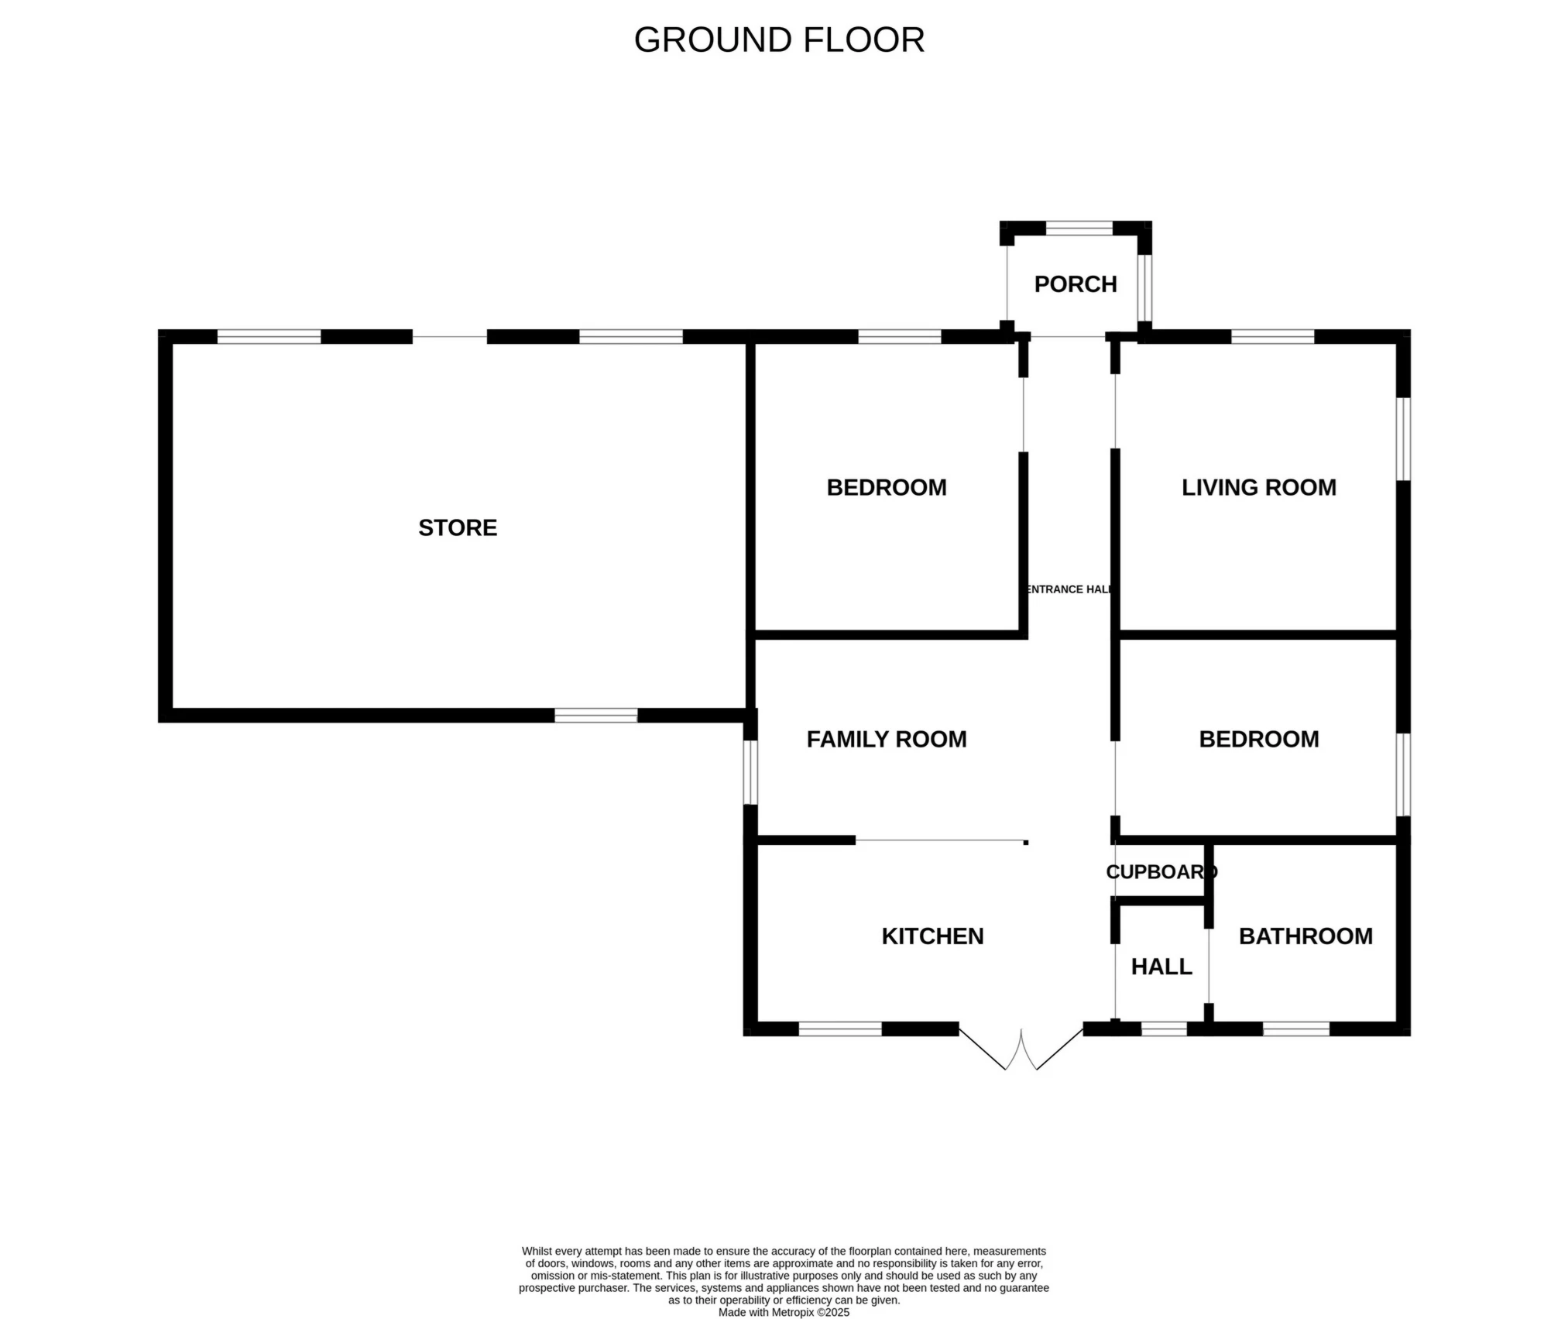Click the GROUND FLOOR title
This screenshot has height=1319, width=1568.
point(779,40)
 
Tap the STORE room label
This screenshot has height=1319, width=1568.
point(458,527)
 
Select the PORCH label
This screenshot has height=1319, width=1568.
point(1076,284)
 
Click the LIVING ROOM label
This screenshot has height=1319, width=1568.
point(1259,487)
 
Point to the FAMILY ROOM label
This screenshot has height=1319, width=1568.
point(887,739)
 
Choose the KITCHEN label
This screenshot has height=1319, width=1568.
point(932,936)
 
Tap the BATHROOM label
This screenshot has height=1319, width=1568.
point(1306,936)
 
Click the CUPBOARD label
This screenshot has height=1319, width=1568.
point(1161,872)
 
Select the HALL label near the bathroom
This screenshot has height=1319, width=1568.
point(1161,967)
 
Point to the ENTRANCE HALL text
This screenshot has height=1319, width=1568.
point(1069,589)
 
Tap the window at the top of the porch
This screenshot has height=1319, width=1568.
point(1079,228)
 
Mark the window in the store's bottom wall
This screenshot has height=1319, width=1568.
point(596,716)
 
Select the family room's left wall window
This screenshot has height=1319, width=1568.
point(750,772)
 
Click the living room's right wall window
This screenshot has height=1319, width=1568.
point(1403,439)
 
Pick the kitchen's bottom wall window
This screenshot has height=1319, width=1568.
point(840,1029)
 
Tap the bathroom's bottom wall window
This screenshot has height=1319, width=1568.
point(1296,1029)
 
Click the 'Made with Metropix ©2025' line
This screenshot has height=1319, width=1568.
point(784,1313)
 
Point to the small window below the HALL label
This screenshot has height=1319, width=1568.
point(1165,1029)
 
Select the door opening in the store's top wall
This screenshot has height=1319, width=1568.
point(450,337)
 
